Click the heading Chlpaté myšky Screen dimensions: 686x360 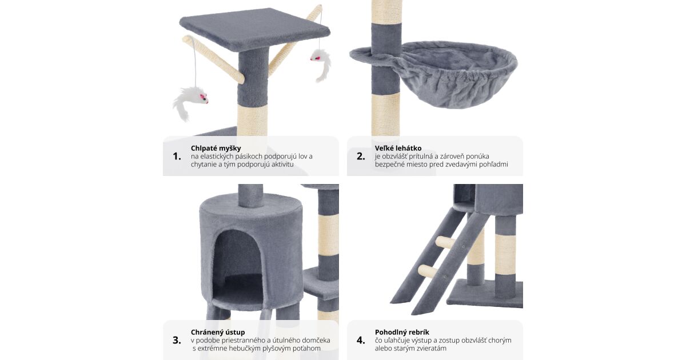click(216, 149)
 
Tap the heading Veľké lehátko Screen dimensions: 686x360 click(398, 149)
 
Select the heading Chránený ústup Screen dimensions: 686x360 click(218, 332)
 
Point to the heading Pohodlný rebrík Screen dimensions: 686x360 click(402, 332)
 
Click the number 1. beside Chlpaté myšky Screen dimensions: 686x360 click(177, 157)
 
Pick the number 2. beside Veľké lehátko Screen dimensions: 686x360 click(361, 157)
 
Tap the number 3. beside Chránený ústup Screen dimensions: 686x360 click(177, 340)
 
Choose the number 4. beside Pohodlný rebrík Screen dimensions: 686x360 click(361, 340)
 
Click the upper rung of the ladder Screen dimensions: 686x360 click(446, 242)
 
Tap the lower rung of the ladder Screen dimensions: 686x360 click(428, 271)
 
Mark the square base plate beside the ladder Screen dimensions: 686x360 click(485, 293)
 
